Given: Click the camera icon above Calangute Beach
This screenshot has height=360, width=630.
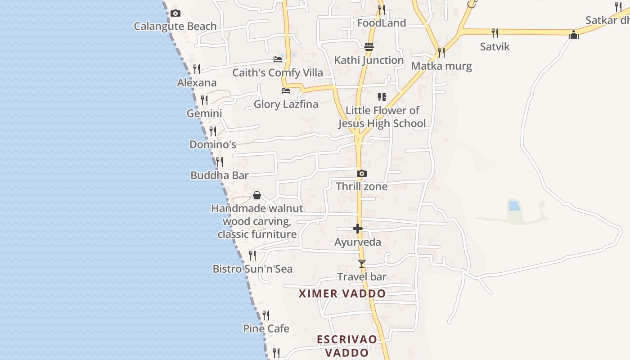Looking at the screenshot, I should coord(175,13).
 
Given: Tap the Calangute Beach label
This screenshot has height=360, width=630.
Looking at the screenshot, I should coord(175,26).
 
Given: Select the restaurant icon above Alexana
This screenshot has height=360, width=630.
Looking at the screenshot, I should coord(197,69).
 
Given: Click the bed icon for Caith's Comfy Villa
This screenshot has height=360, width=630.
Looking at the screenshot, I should coord(278,59).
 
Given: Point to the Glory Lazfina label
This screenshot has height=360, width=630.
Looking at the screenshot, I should coord(286,104).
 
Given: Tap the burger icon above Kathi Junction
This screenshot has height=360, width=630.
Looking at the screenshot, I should coord(369,47).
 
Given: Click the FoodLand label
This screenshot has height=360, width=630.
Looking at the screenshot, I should coord(382,23).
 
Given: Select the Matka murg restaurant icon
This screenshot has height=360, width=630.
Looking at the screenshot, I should coord(441,53).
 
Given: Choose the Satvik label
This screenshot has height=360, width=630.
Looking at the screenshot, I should coord(495,46).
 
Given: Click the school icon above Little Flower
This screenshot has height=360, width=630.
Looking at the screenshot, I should coord(382,97).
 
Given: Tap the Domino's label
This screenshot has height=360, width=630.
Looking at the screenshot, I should coord(213,144).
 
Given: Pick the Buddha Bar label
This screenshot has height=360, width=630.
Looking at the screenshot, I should coord(220,175).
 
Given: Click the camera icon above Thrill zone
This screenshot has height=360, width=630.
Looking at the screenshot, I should coord(362,174).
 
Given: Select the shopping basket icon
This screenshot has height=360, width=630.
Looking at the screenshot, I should coord(257,195).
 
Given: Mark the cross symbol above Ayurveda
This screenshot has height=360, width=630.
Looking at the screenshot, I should coord(358,229).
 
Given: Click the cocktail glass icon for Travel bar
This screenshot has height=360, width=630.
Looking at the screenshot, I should coord(362,264).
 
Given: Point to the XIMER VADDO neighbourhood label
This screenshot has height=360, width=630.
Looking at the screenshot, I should coord(342,294).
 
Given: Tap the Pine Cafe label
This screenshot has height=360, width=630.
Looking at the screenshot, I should coord(266,328).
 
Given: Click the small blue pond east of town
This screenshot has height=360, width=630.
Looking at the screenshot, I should coord(514,206).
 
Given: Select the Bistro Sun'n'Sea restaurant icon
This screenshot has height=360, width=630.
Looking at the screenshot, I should coord(252,256).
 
